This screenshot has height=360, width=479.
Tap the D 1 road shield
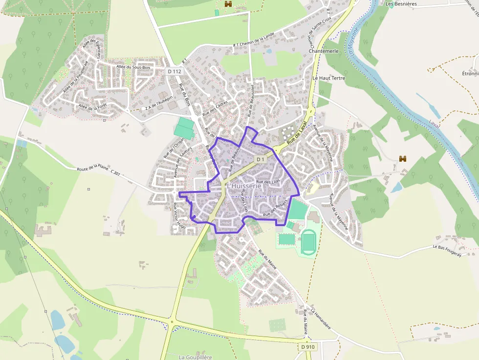click(260, 159)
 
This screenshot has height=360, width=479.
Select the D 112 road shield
click(174, 71)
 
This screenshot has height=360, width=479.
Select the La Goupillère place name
click(196, 357)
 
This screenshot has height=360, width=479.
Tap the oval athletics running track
click(308, 242)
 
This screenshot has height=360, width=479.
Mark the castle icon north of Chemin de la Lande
click(228, 4)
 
